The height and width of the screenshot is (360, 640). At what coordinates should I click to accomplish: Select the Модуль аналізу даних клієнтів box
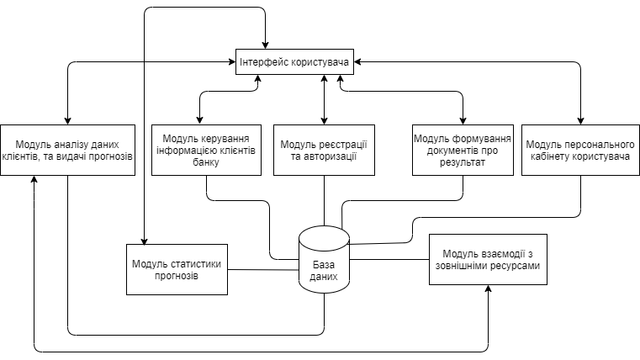pyautogui.click(x=67, y=151)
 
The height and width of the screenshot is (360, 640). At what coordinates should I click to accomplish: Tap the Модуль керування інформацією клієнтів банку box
pyautogui.click(x=207, y=151)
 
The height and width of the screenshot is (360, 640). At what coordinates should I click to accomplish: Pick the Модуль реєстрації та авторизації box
pyautogui.click(x=324, y=151)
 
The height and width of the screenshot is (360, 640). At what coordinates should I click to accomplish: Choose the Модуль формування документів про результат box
pyautogui.click(x=463, y=151)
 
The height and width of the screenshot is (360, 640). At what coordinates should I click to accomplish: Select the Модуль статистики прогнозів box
pyautogui.click(x=177, y=269)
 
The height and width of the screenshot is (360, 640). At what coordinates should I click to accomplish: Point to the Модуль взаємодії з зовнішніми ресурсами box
pyautogui.click(x=488, y=260)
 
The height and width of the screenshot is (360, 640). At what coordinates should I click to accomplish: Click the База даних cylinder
pyautogui.click(x=325, y=261)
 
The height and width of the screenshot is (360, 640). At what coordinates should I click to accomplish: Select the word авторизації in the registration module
pyautogui.click(x=325, y=156)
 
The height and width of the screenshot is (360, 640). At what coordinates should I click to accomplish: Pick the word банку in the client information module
pyautogui.click(x=205, y=163)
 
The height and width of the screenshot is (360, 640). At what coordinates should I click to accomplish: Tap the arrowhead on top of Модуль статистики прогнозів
pyautogui.click(x=145, y=240)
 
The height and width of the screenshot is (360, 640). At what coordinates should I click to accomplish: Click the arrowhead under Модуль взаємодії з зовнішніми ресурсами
pyautogui.click(x=488, y=290)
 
